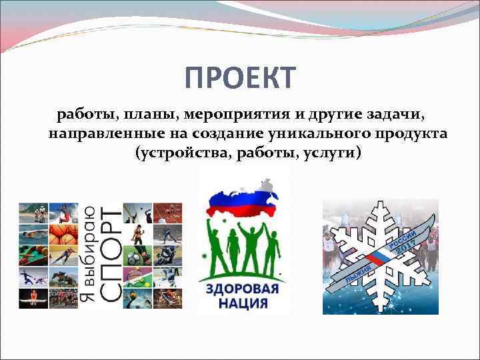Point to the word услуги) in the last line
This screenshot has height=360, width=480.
point(333,153)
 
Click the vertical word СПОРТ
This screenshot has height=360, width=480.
point(111,257)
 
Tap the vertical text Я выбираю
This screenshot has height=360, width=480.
point(87,257)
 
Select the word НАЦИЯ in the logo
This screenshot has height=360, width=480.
point(244,304)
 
